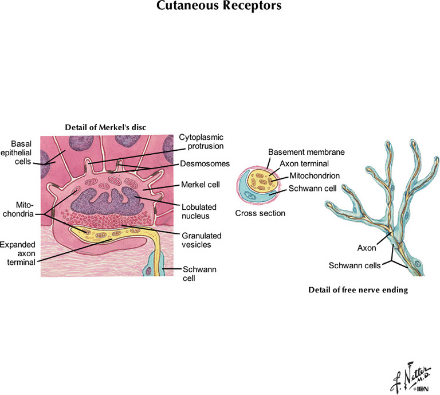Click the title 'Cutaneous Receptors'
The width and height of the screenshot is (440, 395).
(219, 7)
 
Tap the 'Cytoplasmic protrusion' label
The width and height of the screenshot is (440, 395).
(201, 142)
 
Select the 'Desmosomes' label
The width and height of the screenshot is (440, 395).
(205, 163)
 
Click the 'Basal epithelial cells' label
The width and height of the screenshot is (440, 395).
(20, 153)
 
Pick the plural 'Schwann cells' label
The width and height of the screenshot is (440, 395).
(355, 265)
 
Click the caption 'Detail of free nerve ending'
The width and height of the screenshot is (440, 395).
(358, 290)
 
